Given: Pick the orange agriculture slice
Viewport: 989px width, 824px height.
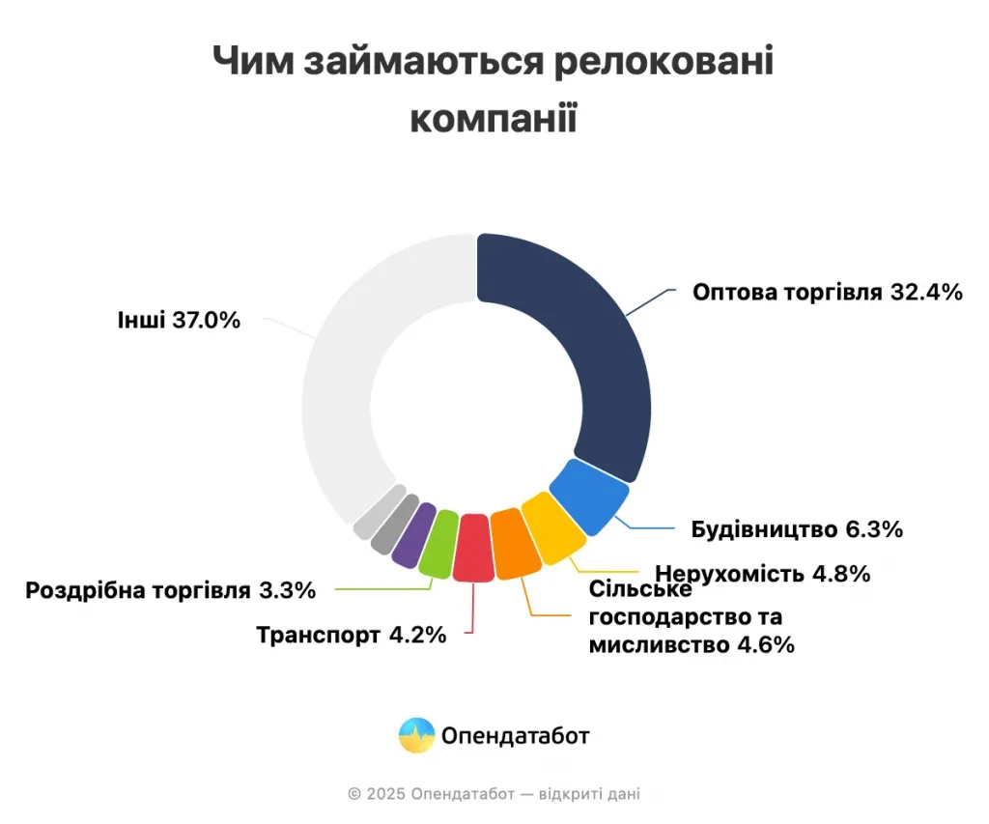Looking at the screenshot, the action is (515, 544).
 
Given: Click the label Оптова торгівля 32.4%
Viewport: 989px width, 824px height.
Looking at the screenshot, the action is (828, 292).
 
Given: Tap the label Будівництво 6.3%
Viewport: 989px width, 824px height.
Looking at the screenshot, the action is (797, 528).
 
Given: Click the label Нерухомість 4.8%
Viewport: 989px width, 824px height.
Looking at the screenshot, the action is (763, 574).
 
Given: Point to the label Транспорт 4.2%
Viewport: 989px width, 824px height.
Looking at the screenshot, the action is (352, 635).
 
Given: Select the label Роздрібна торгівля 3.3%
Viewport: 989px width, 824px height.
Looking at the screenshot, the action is (170, 590).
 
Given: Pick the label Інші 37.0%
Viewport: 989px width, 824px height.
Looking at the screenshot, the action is (179, 320).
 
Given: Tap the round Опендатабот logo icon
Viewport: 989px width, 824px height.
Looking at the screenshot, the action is (417, 736).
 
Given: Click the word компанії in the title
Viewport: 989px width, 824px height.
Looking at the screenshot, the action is (494, 118).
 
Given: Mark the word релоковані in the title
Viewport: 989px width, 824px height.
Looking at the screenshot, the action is (664, 62).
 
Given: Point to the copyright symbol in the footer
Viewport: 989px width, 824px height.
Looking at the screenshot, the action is (354, 794).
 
